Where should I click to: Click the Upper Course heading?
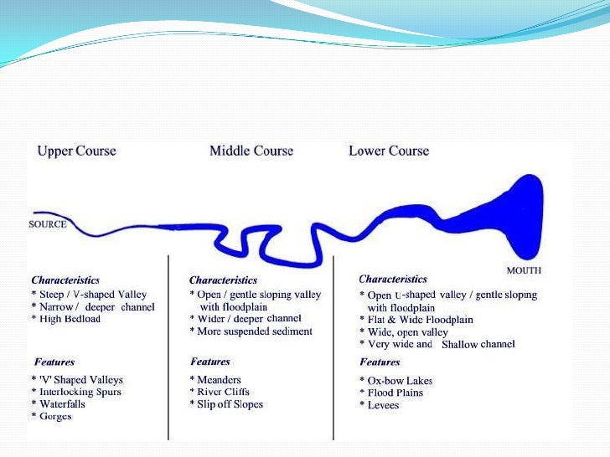point(77,151)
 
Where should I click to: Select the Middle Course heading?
point(251,151)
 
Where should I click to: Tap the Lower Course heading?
point(389,151)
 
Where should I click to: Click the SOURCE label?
point(47,224)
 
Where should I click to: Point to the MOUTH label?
point(524,270)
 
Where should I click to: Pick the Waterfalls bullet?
point(59,404)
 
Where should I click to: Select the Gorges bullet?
point(52,417)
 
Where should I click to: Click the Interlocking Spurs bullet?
point(76,392)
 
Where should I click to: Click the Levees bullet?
point(383,405)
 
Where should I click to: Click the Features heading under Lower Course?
point(380,362)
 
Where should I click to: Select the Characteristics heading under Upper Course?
point(65,280)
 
